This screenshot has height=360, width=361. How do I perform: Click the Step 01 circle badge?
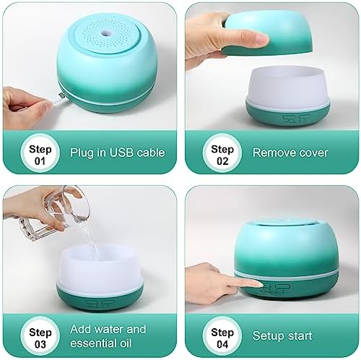point(40,153)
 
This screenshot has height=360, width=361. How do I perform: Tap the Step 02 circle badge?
point(222,153)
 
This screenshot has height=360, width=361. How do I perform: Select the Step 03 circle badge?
point(40,336)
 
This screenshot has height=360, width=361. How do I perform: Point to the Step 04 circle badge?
point(222,336)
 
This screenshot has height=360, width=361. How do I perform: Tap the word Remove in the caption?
point(271,153)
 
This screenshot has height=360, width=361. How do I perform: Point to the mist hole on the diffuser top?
point(105,33)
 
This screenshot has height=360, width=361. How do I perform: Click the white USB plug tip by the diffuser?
point(61,95)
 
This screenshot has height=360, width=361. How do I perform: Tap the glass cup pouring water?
point(54,214)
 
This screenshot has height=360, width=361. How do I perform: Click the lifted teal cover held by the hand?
point(268,34)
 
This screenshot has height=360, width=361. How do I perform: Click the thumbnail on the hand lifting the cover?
point(261,38)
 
